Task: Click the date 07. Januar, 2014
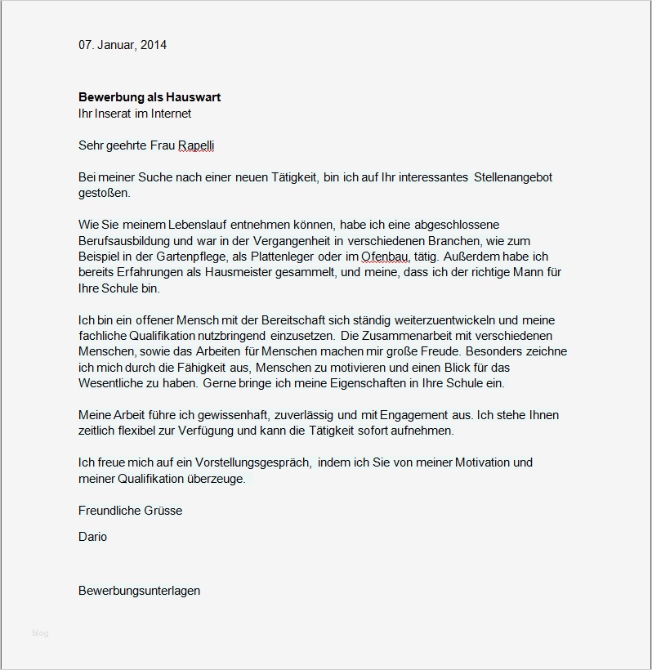point(123,45)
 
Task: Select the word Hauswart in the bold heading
point(194,97)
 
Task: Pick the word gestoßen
point(105,193)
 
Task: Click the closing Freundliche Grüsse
point(130,511)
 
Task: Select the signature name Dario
point(92,537)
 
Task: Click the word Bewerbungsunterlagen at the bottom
point(139,590)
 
